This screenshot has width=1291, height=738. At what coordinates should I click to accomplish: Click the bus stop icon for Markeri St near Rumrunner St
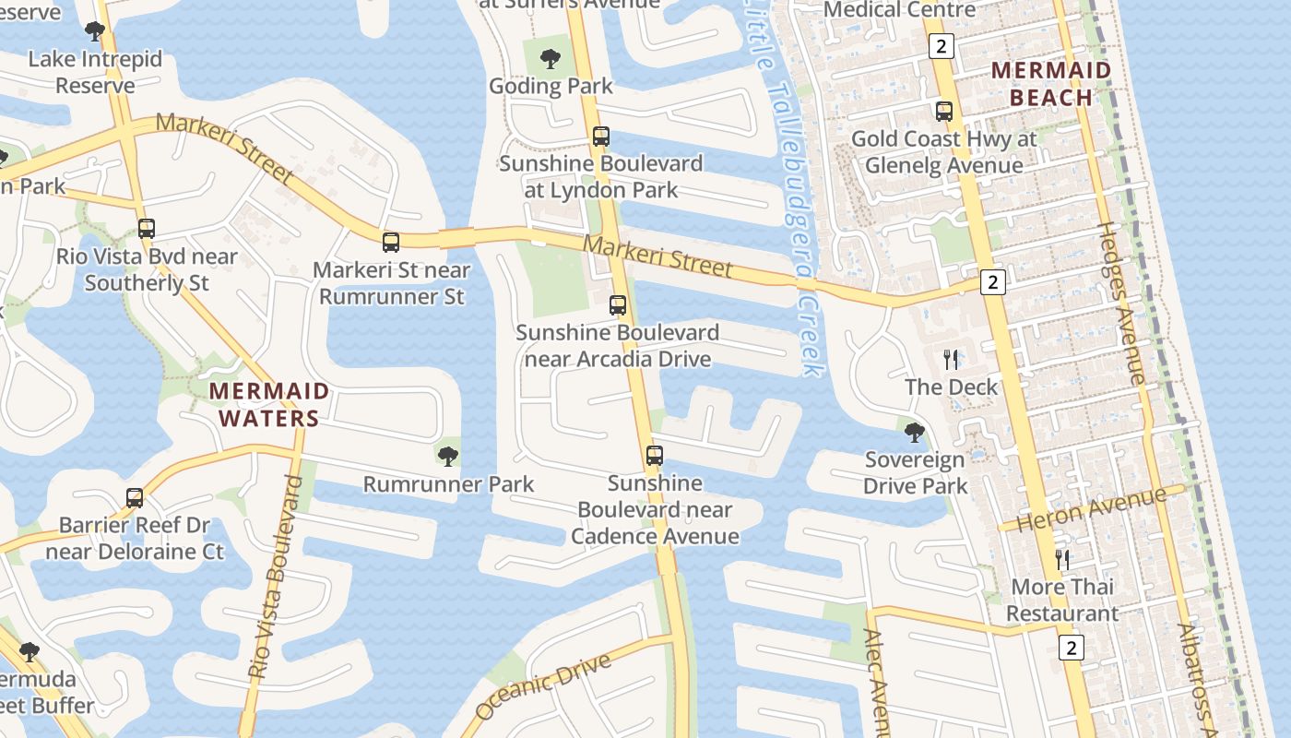[x=391, y=243]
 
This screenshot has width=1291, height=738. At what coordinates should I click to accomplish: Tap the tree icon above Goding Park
[x=551, y=59]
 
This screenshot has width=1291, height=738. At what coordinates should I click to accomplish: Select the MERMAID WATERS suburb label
[x=268, y=404]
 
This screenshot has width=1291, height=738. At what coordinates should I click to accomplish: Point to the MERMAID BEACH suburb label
[x=1051, y=84]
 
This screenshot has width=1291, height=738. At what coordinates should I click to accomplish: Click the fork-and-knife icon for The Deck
[x=951, y=359]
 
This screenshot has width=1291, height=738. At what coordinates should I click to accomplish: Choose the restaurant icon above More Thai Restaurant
[x=1062, y=559]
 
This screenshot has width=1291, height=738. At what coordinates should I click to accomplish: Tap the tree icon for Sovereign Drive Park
[x=914, y=432]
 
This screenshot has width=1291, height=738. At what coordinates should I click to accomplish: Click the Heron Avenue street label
[x=1092, y=509]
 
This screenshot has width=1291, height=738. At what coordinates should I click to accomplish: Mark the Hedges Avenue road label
[x=1121, y=304]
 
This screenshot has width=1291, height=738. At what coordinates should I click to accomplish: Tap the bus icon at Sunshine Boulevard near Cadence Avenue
[x=654, y=455]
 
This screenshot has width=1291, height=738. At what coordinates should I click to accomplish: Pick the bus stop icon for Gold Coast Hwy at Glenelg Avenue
[x=944, y=112]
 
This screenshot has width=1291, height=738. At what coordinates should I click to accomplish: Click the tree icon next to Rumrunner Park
[x=448, y=456]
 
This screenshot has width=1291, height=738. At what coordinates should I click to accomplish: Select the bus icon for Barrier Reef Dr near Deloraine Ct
[x=135, y=498]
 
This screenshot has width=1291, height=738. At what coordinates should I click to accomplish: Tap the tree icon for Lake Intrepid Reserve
[x=95, y=32]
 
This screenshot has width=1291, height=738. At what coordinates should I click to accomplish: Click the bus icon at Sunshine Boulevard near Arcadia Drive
[x=618, y=304]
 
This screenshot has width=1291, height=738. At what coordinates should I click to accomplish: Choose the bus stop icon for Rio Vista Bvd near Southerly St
[x=147, y=229]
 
